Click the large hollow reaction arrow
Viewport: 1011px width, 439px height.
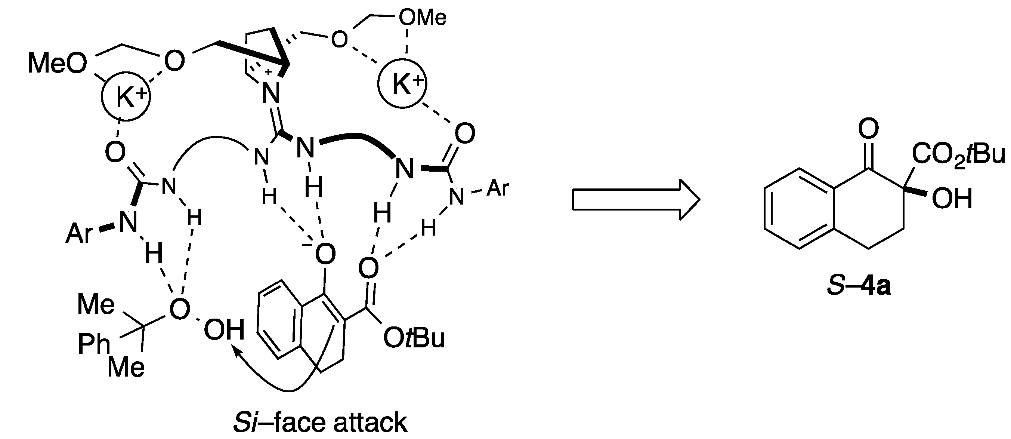tap(636, 199)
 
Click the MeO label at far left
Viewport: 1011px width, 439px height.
tap(57, 64)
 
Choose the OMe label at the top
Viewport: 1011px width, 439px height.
tap(422, 18)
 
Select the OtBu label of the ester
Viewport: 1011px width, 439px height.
tap(414, 338)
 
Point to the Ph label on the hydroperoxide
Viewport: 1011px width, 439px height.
tap(94, 344)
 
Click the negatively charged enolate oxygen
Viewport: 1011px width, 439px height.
tap(324, 254)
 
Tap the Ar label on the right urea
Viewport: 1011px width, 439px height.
tap(498, 189)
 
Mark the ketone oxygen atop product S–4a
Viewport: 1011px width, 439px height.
tap(868, 128)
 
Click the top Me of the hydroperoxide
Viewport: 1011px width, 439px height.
tap(96, 304)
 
